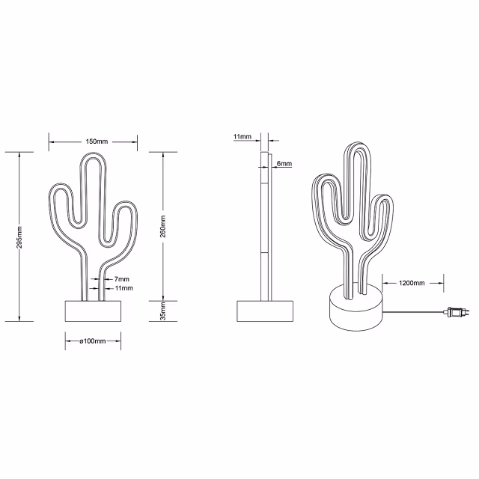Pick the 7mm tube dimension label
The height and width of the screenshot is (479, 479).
coord(122,278)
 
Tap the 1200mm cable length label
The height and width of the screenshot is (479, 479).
coord(412,283)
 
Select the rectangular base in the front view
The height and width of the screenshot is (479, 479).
coord(93,311)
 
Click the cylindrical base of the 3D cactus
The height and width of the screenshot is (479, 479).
coord(355,311)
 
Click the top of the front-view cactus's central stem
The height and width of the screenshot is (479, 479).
coord(93,161)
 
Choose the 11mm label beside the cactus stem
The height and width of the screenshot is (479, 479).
coord(123,287)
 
